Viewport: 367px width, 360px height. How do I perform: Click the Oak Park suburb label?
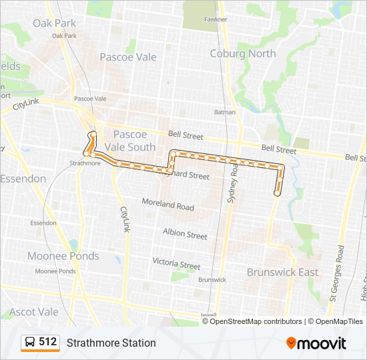point(54,23)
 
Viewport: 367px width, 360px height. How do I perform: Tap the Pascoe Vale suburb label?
point(128,57)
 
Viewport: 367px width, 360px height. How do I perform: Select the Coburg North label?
point(242,54)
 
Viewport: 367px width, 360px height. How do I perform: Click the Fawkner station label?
point(216,20)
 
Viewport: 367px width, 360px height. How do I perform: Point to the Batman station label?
point(225,112)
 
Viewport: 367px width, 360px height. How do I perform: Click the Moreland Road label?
point(168,203)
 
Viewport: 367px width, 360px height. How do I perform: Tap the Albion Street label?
point(185,234)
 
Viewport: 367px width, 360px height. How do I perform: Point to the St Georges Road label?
point(340,273)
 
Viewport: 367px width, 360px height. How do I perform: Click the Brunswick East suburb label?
point(282,273)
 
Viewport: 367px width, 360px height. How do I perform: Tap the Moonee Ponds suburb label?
point(63,256)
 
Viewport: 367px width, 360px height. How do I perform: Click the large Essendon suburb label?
point(23,179)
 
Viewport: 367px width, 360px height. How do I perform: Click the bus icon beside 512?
point(30,343)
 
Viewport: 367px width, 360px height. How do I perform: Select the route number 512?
point(48,342)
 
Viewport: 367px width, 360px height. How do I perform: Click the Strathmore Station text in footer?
point(111,343)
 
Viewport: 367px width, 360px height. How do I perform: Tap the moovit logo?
point(316,343)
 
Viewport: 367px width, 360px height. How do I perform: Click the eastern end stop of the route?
point(277,193)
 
